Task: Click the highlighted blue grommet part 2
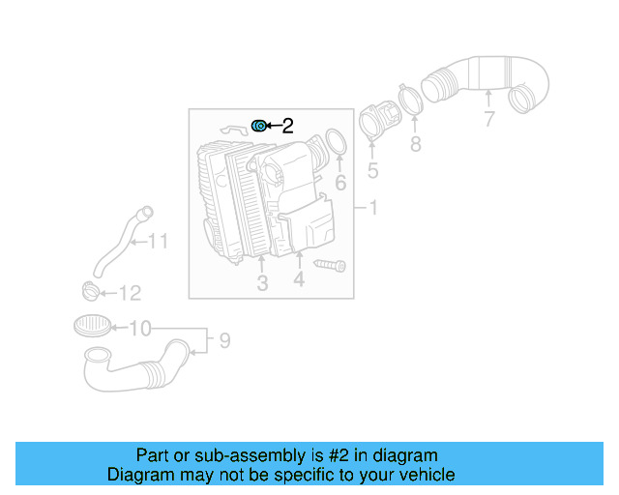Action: coord(259,126)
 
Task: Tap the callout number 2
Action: coord(287,126)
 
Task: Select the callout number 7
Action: coord(489,120)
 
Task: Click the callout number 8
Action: coord(415,144)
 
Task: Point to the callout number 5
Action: coord(372,172)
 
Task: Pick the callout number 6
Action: coord(339,183)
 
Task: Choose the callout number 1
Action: coord(373,208)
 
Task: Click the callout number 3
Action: coord(262,282)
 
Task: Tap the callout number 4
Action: coord(299,279)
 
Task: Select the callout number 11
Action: coord(158,242)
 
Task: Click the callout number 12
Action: coord(130,293)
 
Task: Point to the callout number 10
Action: coord(140,329)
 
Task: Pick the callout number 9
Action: coord(223,340)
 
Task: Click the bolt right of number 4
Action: coord(330,263)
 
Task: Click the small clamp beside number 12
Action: coord(89,290)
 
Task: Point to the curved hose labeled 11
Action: coord(114,244)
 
